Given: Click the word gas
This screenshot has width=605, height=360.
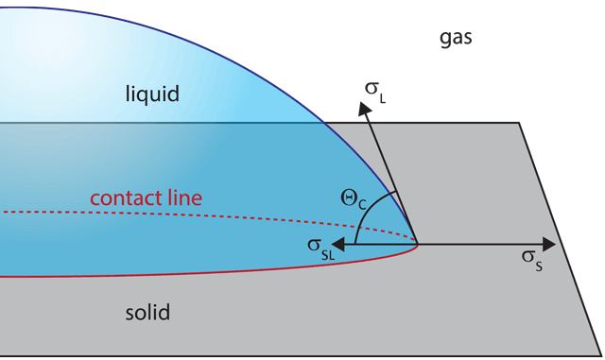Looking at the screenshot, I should [x=456, y=39].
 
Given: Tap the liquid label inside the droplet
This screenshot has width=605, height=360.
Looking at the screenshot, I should [x=152, y=94].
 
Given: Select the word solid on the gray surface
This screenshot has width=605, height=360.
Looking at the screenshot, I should [x=147, y=313].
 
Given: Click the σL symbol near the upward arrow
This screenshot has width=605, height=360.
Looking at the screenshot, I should [x=375, y=90].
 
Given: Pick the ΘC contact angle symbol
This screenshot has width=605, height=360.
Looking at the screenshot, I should [x=353, y=198].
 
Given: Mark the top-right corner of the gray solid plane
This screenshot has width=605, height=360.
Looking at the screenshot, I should [x=519, y=123].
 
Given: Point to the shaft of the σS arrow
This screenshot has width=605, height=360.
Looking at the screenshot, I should [x=482, y=244].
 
